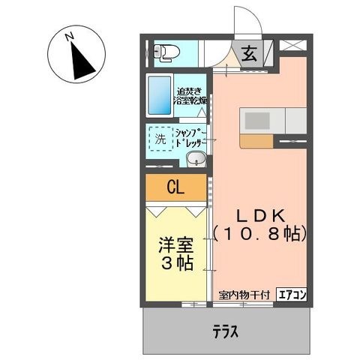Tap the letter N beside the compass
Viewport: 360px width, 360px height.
pyautogui.click(x=68, y=35)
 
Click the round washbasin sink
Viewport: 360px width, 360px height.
pyautogui.click(x=195, y=158)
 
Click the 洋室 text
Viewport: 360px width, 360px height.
pyautogui.click(x=174, y=245)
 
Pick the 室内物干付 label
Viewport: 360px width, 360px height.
pyautogui.click(x=245, y=295)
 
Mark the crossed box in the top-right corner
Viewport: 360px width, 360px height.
pyautogui.click(x=293, y=46)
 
